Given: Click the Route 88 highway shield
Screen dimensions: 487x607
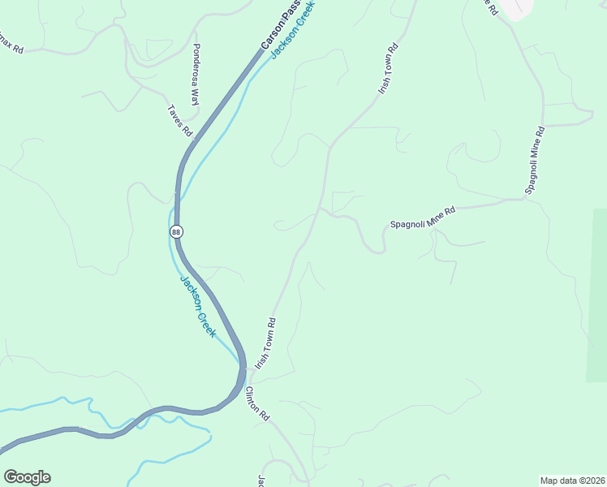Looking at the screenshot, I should (x=176, y=232).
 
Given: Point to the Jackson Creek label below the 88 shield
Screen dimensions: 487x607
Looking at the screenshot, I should (x=198, y=307).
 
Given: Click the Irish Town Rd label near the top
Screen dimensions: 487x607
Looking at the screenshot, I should (x=389, y=69).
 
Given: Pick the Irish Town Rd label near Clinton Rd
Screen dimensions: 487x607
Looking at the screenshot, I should (x=266, y=343).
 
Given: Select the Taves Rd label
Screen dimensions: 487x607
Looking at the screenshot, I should (x=179, y=120).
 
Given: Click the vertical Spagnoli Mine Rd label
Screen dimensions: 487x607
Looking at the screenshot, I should (x=534, y=159).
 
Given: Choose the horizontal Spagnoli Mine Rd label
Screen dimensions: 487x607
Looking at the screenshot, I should (x=423, y=217).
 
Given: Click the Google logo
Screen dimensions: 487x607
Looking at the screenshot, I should (x=27, y=476).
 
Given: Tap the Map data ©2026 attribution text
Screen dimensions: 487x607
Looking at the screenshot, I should (x=572, y=480).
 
